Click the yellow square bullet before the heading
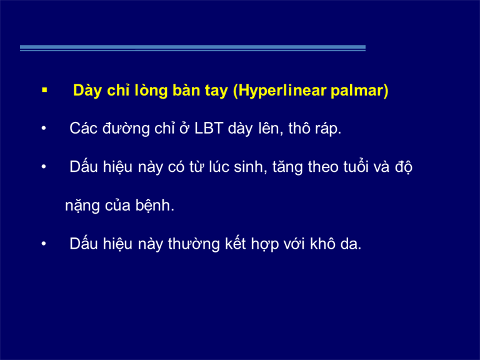[x=45, y=90]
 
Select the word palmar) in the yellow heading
[x=359, y=91]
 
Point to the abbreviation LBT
[x=209, y=128]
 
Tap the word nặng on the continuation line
[x=82, y=206]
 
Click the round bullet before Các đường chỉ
[x=44, y=128]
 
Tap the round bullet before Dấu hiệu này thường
[x=44, y=244]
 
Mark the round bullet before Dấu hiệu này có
[x=44, y=167]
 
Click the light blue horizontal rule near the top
[x=193, y=48]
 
